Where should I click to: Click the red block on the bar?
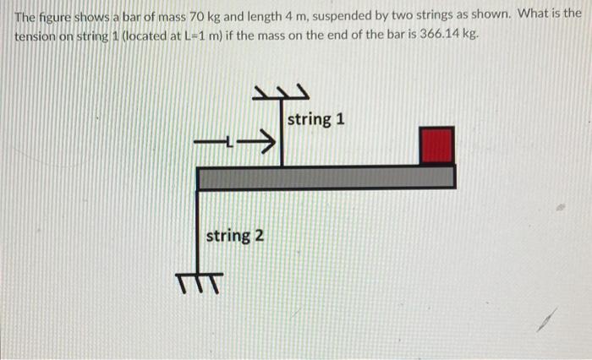click(x=437, y=145)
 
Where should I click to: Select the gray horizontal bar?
click(x=326, y=177)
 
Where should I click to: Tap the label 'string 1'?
click(x=315, y=119)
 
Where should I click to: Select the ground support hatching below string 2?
click(x=200, y=280)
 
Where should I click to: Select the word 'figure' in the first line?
click(x=53, y=14)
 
